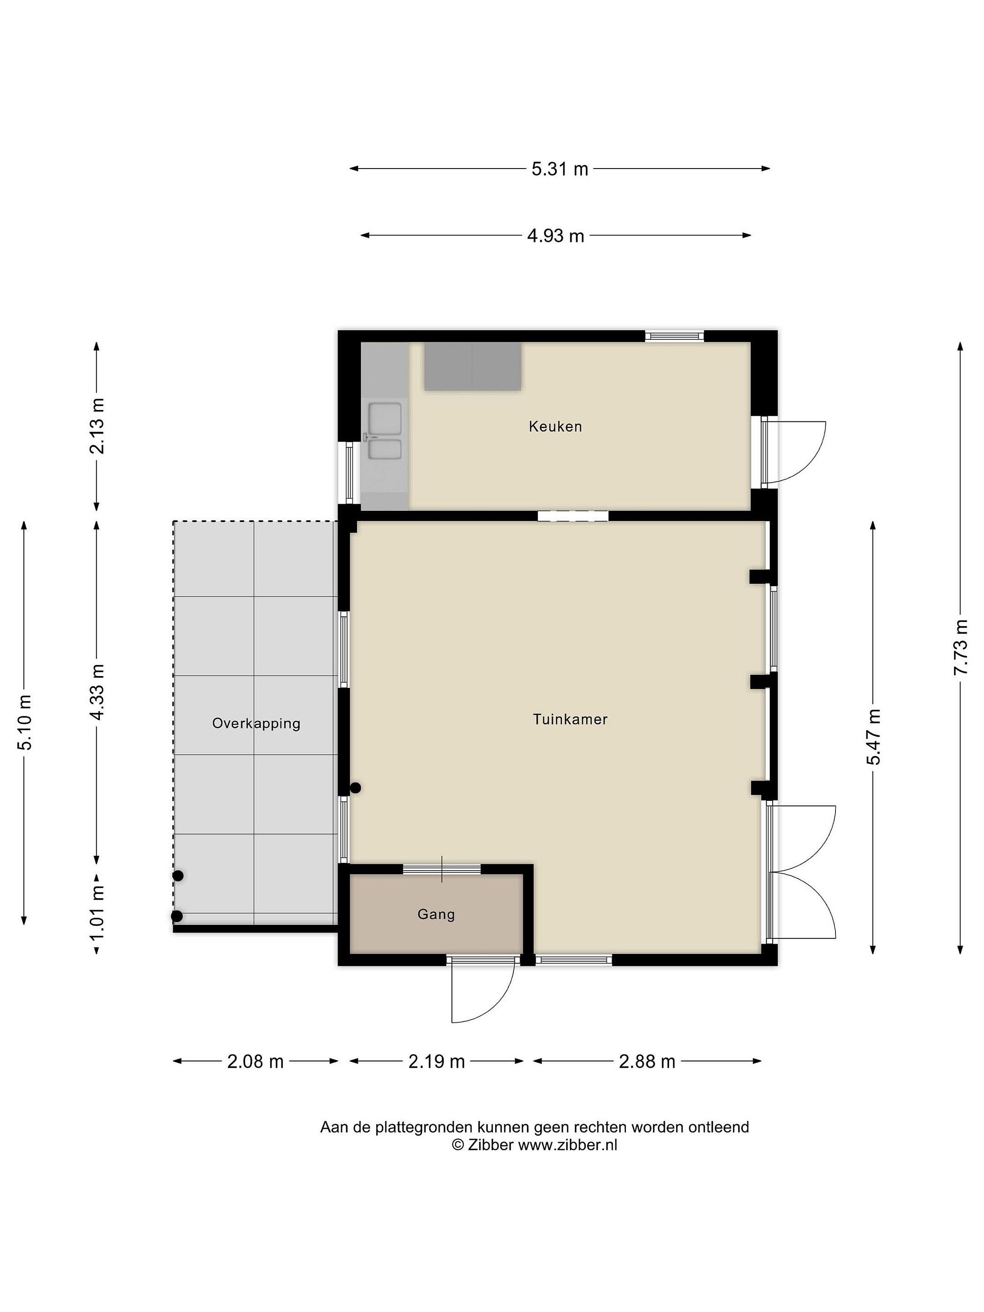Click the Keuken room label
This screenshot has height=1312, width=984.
click(555, 426)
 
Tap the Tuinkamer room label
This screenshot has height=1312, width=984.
click(570, 719)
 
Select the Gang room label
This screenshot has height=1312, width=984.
click(436, 914)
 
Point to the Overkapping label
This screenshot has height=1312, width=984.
click(256, 723)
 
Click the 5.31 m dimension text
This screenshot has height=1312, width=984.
click(559, 169)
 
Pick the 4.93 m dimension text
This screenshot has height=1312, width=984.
click(556, 236)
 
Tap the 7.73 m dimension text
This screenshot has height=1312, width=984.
click(961, 646)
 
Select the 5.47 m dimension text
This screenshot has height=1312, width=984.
click(874, 736)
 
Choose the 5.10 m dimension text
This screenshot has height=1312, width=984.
click(25, 721)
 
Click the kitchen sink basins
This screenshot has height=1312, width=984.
click(384, 431)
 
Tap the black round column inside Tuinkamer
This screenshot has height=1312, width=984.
click(355, 788)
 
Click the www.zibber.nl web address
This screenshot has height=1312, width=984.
click(568, 1145)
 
